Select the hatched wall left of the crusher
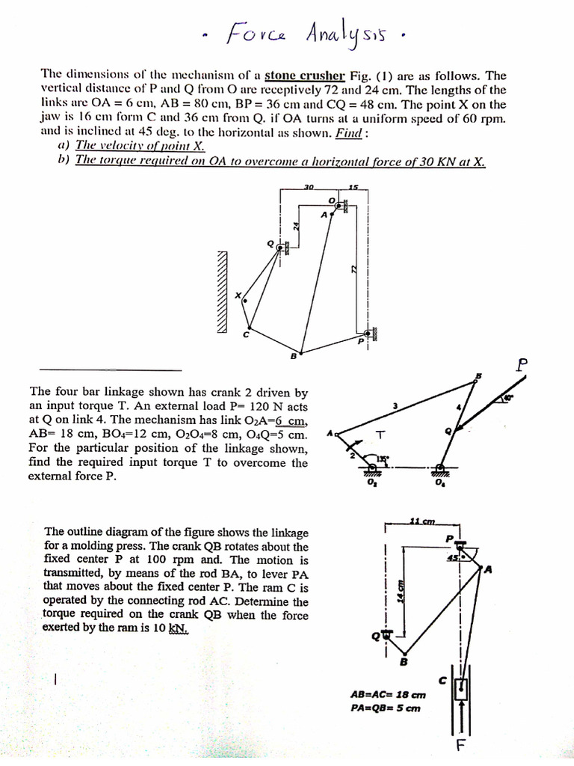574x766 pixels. pyautogui.click(x=221, y=291)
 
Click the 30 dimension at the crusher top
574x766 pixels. pyautogui.click(x=308, y=186)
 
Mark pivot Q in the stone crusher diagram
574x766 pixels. pyautogui.click(x=280, y=246)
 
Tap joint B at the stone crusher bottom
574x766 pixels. pyautogui.click(x=301, y=352)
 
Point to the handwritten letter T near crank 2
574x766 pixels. pyautogui.click(x=382, y=435)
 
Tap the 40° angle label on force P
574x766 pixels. pyautogui.click(x=509, y=399)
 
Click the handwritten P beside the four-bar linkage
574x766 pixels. pyautogui.click(x=522, y=364)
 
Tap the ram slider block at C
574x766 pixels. pyautogui.click(x=462, y=687)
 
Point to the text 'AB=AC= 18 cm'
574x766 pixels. pyautogui.click(x=383, y=694)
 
